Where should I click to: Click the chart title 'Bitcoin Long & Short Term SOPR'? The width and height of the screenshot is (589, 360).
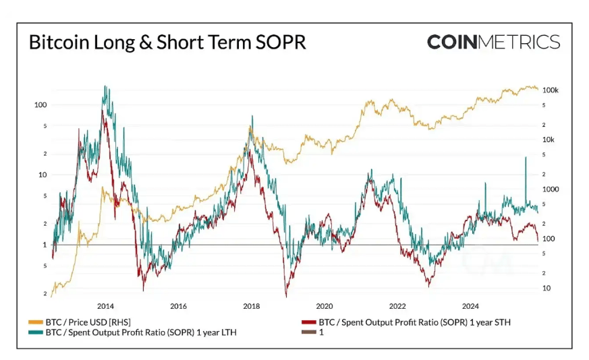coord(167,42)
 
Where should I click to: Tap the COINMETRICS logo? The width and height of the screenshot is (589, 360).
coord(493,42)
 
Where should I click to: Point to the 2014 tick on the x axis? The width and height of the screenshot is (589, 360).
coord(105,306)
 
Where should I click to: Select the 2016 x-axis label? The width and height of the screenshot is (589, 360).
coord(178,306)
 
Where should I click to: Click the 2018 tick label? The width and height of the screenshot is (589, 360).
coord(252,306)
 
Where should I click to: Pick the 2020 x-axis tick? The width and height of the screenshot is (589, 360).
coord(325,306)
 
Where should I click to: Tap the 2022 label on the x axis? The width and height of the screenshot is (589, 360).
coord(397,306)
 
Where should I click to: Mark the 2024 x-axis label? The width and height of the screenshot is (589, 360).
coord(471,306)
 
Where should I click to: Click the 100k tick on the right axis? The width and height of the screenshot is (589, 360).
coord(551,90)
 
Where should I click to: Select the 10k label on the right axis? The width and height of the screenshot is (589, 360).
coord(549,140)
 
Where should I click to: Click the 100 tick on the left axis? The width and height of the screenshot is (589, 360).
coord(40,105)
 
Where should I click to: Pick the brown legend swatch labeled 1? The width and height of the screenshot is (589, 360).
coord(308,332)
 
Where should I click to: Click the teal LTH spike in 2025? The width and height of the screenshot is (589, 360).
coord(525,158)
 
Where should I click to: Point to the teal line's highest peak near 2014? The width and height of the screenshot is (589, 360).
coord(106,87)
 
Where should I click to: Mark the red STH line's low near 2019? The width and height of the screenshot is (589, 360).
coord(286,295)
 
